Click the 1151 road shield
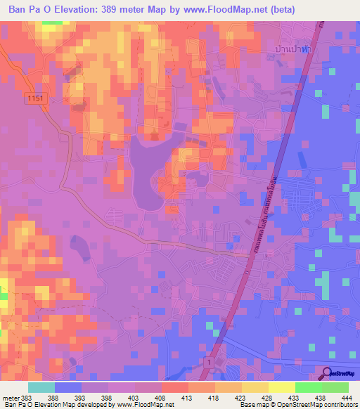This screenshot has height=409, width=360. point(37,99)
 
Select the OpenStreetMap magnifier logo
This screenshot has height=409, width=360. point(328,373)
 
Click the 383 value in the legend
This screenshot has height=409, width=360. point(27,398)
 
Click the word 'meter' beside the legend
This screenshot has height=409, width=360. point(10,398)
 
